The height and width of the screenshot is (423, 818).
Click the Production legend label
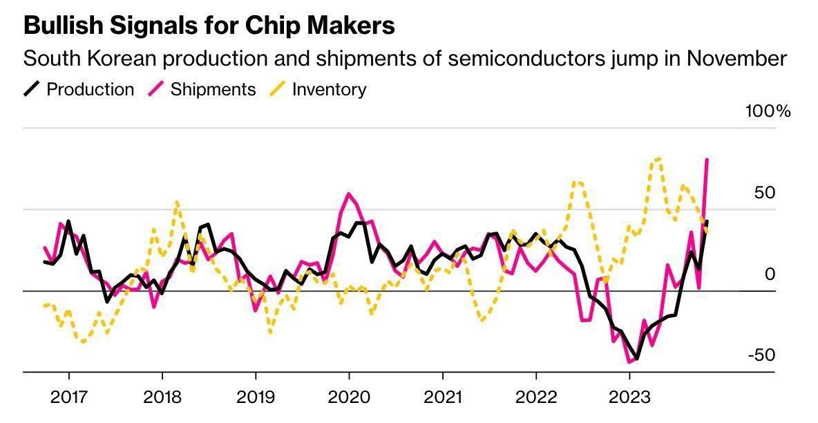click(x=90, y=89)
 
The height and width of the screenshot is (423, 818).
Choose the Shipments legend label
click(x=213, y=89)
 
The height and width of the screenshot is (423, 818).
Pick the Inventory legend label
click(x=329, y=89)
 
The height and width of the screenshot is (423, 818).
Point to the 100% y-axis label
click(x=767, y=111)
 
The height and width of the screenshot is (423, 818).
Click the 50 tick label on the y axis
click(x=765, y=192)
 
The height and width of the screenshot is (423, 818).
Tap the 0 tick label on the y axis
click(x=770, y=274)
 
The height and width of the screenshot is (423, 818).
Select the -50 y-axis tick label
click(x=761, y=355)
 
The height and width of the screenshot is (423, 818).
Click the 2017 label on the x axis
click(x=68, y=398)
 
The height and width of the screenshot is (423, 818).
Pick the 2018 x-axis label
click(x=162, y=398)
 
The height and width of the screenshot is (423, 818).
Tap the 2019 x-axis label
click(x=256, y=398)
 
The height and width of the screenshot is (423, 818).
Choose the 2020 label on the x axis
click(x=349, y=398)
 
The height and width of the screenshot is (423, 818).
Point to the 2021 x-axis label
click(x=442, y=398)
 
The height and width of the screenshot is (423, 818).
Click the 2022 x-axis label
click(x=536, y=398)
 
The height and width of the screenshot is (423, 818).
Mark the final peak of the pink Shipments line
click(x=707, y=160)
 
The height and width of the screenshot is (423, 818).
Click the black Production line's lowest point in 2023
click(x=636, y=359)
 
